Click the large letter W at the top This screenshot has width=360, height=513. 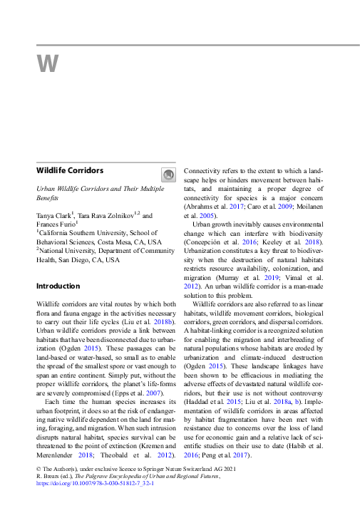48,64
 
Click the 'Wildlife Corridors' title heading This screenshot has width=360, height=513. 70,171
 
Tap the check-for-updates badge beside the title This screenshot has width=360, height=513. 168,175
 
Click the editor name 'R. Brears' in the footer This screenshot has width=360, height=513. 49,475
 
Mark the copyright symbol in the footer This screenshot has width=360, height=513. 38,468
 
